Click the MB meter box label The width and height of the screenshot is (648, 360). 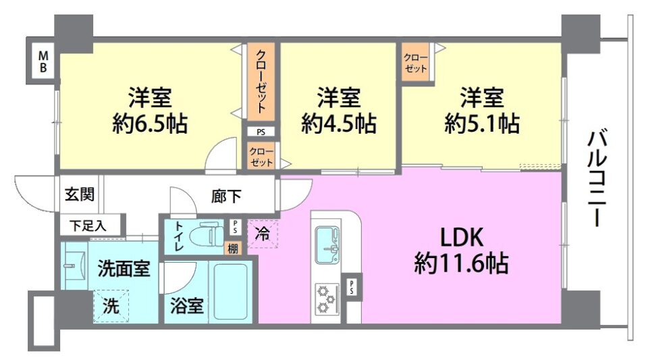click(43, 61)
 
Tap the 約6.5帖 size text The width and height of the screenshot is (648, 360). click(150, 124)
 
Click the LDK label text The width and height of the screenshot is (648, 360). click(462, 238)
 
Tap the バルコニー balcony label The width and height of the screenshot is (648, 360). click(597, 178)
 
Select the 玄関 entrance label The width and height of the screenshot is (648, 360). click(80, 195)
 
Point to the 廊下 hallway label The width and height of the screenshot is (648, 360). click(226, 197)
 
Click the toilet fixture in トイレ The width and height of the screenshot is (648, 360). click(206, 236)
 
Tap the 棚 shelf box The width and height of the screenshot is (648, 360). click(233, 249)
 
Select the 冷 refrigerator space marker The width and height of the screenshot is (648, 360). click(263, 234)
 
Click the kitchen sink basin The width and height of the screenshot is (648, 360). click(329, 245)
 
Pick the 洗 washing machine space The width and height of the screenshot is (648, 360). click(111, 306)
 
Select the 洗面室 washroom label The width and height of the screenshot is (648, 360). click(124, 269)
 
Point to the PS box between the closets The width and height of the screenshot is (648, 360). click(261, 132)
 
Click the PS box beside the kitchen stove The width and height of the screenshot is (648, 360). click(352, 287)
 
